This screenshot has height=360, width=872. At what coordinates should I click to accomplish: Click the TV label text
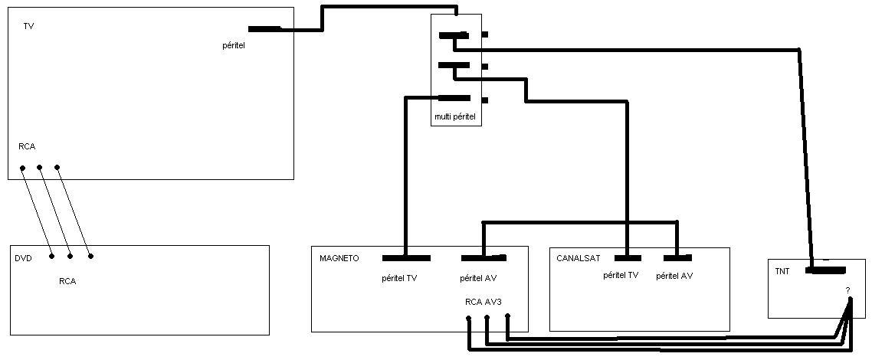(28, 26)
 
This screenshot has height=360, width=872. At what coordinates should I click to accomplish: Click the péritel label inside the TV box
(234, 45)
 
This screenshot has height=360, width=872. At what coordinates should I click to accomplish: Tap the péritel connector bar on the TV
(264, 29)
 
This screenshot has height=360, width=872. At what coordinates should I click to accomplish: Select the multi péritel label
(455, 118)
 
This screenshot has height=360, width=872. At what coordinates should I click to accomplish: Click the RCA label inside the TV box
(27, 147)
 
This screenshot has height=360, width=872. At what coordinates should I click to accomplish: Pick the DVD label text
(23, 258)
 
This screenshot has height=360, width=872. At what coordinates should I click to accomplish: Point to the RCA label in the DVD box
(67, 281)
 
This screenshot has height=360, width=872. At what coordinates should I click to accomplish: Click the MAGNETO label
(339, 258)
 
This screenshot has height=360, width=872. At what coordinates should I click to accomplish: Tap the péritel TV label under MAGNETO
(398, 278)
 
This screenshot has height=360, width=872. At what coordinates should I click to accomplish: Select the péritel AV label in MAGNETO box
(478, 278)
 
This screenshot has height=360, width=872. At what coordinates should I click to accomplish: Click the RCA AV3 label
(486, 303)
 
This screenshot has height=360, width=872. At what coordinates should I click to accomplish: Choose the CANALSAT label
(578, 258)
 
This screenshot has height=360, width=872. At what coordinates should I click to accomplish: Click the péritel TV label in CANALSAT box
(621, 275)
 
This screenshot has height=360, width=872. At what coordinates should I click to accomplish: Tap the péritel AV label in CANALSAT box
(674, 275)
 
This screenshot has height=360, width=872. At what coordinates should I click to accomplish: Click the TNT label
(782, 272)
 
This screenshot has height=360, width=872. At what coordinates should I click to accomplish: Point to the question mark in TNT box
(847, 290)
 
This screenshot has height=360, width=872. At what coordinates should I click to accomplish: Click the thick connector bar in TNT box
(826, 270)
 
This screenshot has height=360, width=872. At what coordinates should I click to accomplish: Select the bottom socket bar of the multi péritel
(454, 99)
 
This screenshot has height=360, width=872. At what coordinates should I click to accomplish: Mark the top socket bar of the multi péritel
(454, 35)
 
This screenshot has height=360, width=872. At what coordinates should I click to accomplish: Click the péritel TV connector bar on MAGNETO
(407, 258)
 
